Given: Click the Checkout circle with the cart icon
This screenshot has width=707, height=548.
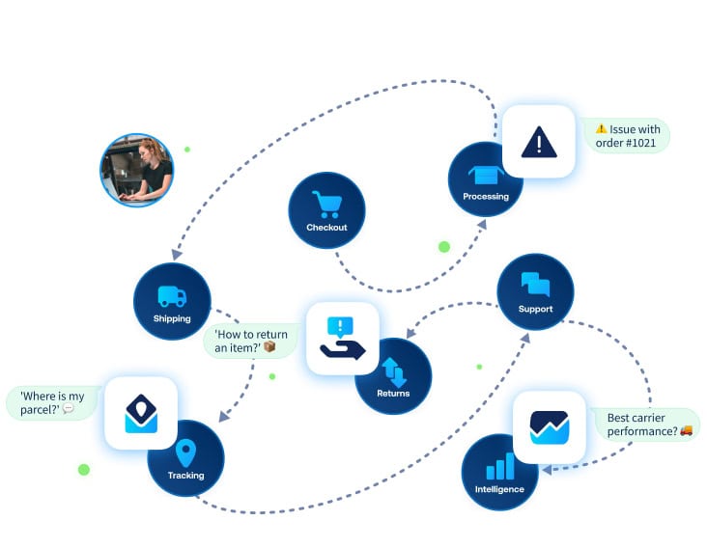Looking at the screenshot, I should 326,210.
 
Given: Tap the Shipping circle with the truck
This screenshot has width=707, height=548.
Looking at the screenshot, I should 172,302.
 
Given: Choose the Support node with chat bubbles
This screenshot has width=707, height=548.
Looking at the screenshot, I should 535,292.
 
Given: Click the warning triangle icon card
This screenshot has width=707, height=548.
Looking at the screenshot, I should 538,142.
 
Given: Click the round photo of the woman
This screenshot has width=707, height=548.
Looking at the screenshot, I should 137,171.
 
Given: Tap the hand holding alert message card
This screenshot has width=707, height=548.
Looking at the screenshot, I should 343,339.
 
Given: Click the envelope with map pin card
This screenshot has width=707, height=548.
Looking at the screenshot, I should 141,413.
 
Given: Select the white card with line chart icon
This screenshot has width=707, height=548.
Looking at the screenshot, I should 549,426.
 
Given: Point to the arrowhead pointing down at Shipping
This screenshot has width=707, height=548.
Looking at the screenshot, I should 175,255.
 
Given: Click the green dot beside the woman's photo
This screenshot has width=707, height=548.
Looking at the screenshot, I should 187,150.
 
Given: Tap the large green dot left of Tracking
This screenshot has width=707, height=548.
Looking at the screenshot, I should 84,470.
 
